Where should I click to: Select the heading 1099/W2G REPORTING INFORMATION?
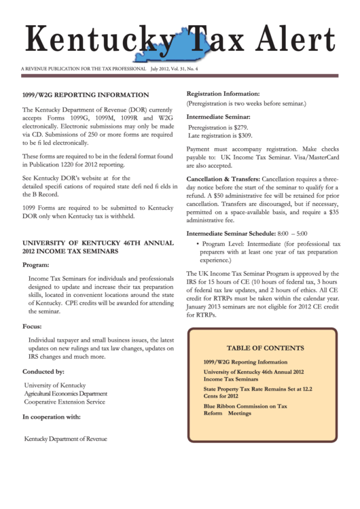tap(86, 95)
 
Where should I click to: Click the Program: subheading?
tap(35, 265)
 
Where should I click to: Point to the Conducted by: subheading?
tap(43, 372)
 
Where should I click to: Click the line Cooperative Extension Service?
tap(65, 402)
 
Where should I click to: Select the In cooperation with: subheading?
tap(52, 417)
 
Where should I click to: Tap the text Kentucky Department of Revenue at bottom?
tap(65, 438)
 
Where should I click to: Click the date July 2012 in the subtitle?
tap(164, 69)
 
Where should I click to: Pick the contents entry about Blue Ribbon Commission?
tap(245, 409)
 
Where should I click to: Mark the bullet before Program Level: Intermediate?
tap(197, 243)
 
